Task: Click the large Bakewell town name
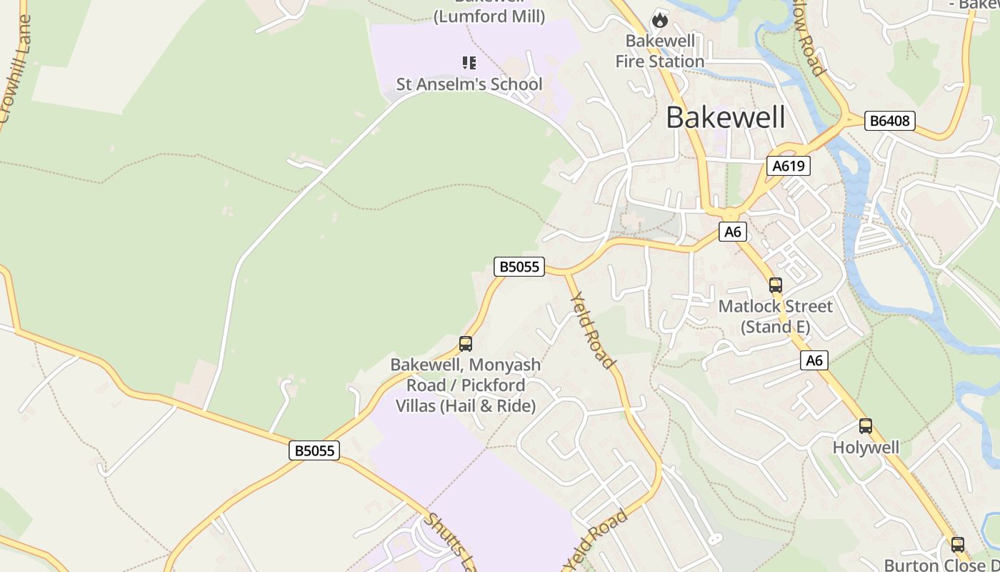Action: [x=726, y=117]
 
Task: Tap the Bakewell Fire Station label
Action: [x=660, y=51]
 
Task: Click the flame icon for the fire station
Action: [x=660, y=20]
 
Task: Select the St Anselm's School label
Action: [x=469, y=84]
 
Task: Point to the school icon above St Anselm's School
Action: [x=469, y=63]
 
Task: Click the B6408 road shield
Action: [x=889, y=121]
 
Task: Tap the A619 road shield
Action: [x=789, y=167]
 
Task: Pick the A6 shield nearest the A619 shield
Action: [x=733, y=232]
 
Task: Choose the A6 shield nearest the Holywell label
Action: [x=814, y=360]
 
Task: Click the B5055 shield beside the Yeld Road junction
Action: [x=519, y=267]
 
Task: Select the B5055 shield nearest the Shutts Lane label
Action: [x=314, y=450]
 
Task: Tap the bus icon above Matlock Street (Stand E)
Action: [x=776, y=285]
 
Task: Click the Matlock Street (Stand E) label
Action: [x=775, y=317]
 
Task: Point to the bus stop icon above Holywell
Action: [x=866, y=426]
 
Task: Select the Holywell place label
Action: [x=866, y=448]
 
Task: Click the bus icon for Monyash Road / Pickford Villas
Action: [x=466, y=344]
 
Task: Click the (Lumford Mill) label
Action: [x=489, y=16]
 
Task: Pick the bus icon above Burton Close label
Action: [x=958, y=544]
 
